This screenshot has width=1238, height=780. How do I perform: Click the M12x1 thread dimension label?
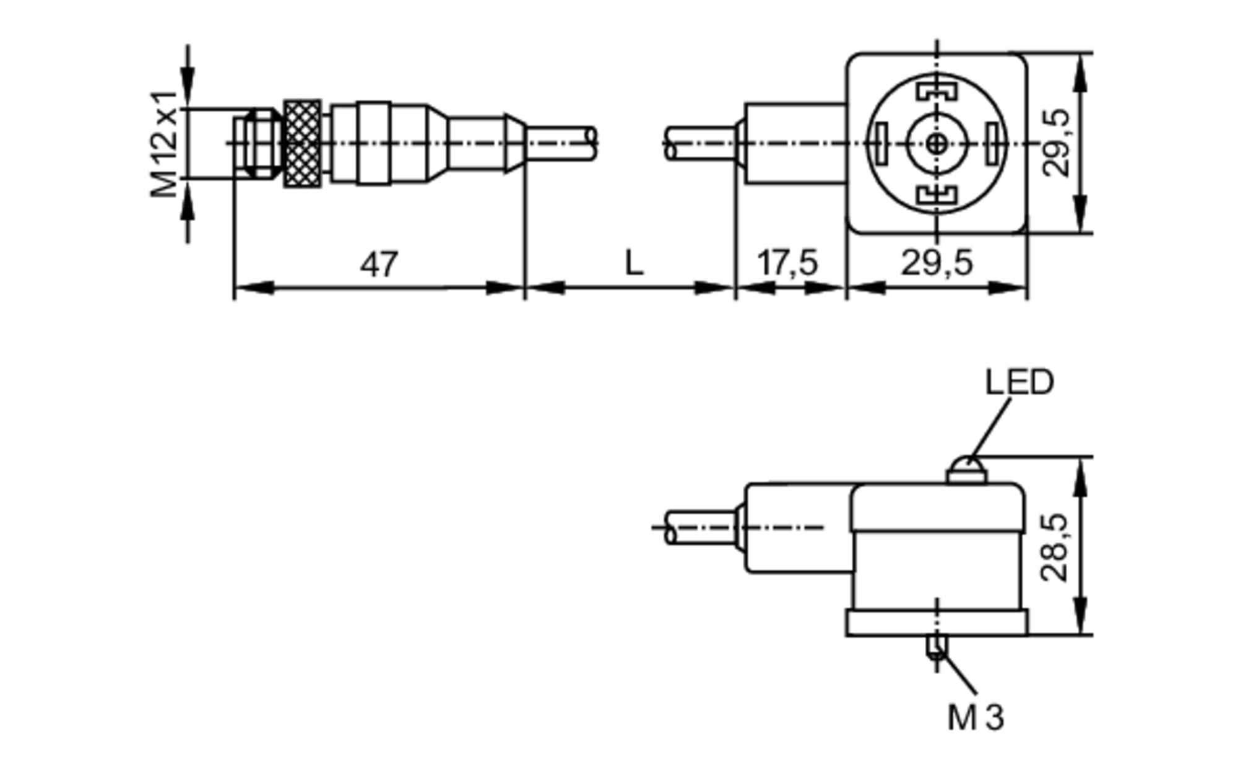[x=164, y=144]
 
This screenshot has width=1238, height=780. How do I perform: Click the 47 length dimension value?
[x=379, y=265]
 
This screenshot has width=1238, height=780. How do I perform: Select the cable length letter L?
[x=634, y=264]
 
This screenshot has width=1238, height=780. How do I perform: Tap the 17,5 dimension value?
[x=788, y=263]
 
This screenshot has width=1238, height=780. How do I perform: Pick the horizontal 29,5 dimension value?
[x=937, y=263]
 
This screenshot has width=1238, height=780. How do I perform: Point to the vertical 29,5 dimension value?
[x=1056, y=144]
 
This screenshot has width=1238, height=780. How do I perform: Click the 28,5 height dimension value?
[x=1056, y=548]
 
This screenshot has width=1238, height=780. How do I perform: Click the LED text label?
[x=1019, y=383]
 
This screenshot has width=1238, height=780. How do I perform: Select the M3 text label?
[x=976, y=718]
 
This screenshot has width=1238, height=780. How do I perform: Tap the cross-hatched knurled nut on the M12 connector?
[x=302, y=144]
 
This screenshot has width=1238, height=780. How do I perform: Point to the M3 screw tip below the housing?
[x=937, y=648]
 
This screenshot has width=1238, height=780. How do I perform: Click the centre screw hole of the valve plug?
[x=937, y=144]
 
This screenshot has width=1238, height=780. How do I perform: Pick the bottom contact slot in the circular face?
[x=937, y=196]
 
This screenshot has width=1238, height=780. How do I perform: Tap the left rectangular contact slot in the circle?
[x=880, y=144]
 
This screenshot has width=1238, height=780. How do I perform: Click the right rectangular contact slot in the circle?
[x=993, y=144]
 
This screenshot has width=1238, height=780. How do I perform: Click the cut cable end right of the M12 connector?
[x=591, y=144]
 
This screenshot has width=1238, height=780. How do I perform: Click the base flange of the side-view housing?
[x=937, y=623]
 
